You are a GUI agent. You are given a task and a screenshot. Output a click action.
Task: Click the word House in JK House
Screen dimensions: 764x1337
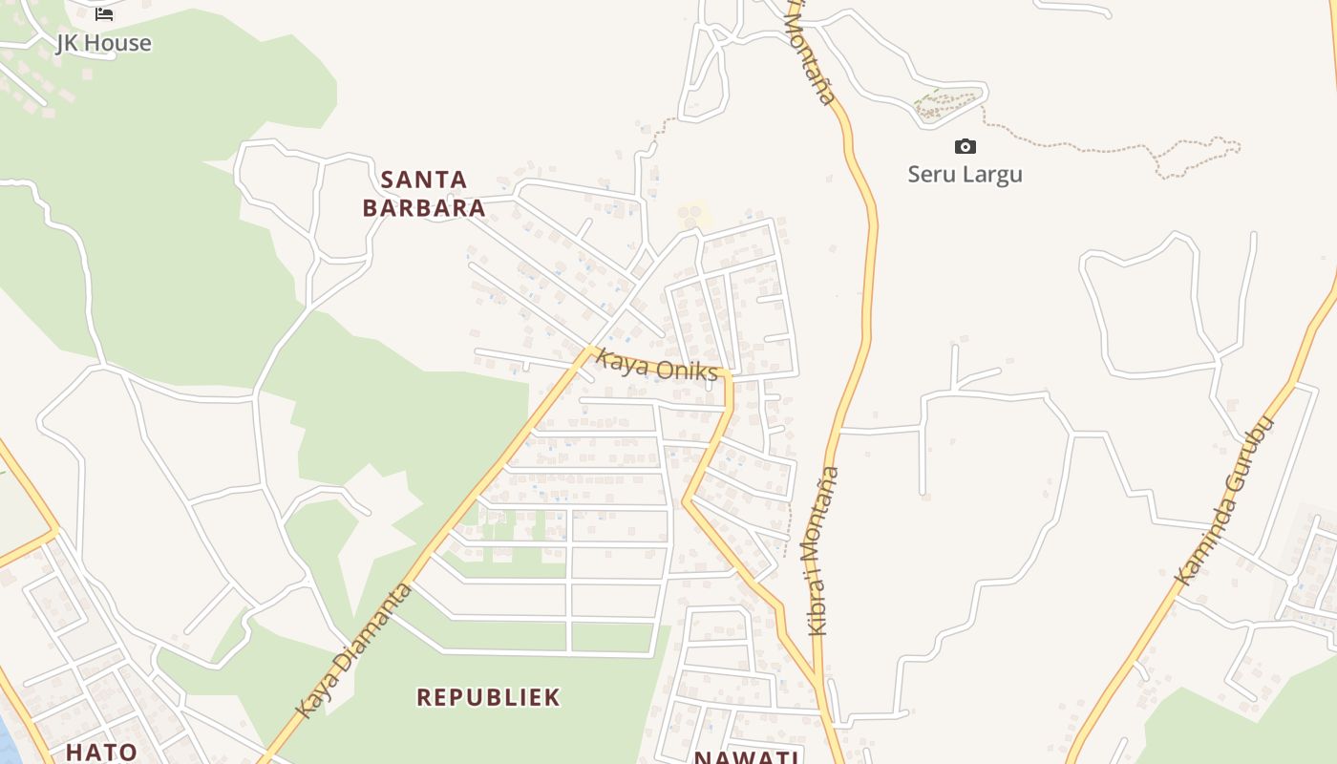tap(118, 43)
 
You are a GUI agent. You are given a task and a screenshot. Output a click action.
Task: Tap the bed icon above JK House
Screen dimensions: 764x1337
tap(104, 13)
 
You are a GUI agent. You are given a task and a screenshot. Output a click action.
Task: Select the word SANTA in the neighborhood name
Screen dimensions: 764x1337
tap(424, 180)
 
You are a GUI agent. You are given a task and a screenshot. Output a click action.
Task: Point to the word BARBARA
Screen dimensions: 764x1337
tap(424, 208)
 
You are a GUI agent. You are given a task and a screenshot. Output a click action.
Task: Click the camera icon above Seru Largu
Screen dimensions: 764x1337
tap(966, 146)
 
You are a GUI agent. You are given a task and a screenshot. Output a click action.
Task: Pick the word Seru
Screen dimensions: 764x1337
tap(930, 174)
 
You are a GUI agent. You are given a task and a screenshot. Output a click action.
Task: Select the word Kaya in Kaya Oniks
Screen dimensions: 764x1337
tap(617, 361)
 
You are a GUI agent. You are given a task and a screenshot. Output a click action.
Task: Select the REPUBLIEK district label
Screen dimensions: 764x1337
tap(488, 697)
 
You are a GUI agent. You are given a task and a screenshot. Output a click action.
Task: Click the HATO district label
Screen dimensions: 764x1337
tap(101, 752)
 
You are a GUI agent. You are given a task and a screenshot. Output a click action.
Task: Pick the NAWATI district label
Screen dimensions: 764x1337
tap(747, 757)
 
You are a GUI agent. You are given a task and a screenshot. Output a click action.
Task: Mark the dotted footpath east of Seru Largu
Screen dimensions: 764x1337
tap(1098, 148)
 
